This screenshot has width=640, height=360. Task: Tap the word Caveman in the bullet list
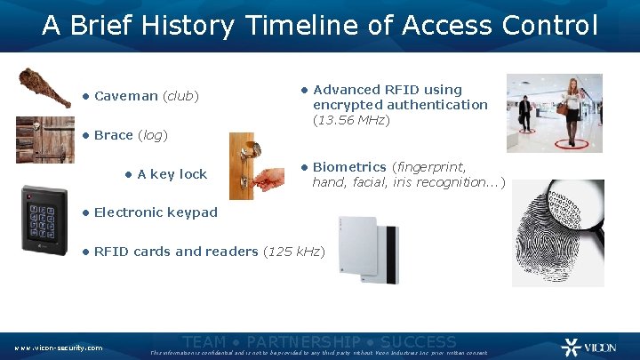pyautogui.click(x=125, y=96)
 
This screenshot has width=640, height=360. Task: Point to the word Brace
pyautogui.click(x=113, y=135)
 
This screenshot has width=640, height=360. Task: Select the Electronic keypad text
pyautogui.click(x=155, y=212)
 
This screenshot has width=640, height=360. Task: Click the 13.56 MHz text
pyautogui.click(x=350, y=120)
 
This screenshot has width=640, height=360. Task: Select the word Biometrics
pyautogui.click(x=349, y=167)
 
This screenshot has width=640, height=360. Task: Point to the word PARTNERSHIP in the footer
pyautogui.click(x=303, y=342)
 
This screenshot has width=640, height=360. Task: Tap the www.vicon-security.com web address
pyautogui.click(x=58, y=348)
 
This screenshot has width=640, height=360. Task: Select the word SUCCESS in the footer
pyautogui.click(x=417, y=342)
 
